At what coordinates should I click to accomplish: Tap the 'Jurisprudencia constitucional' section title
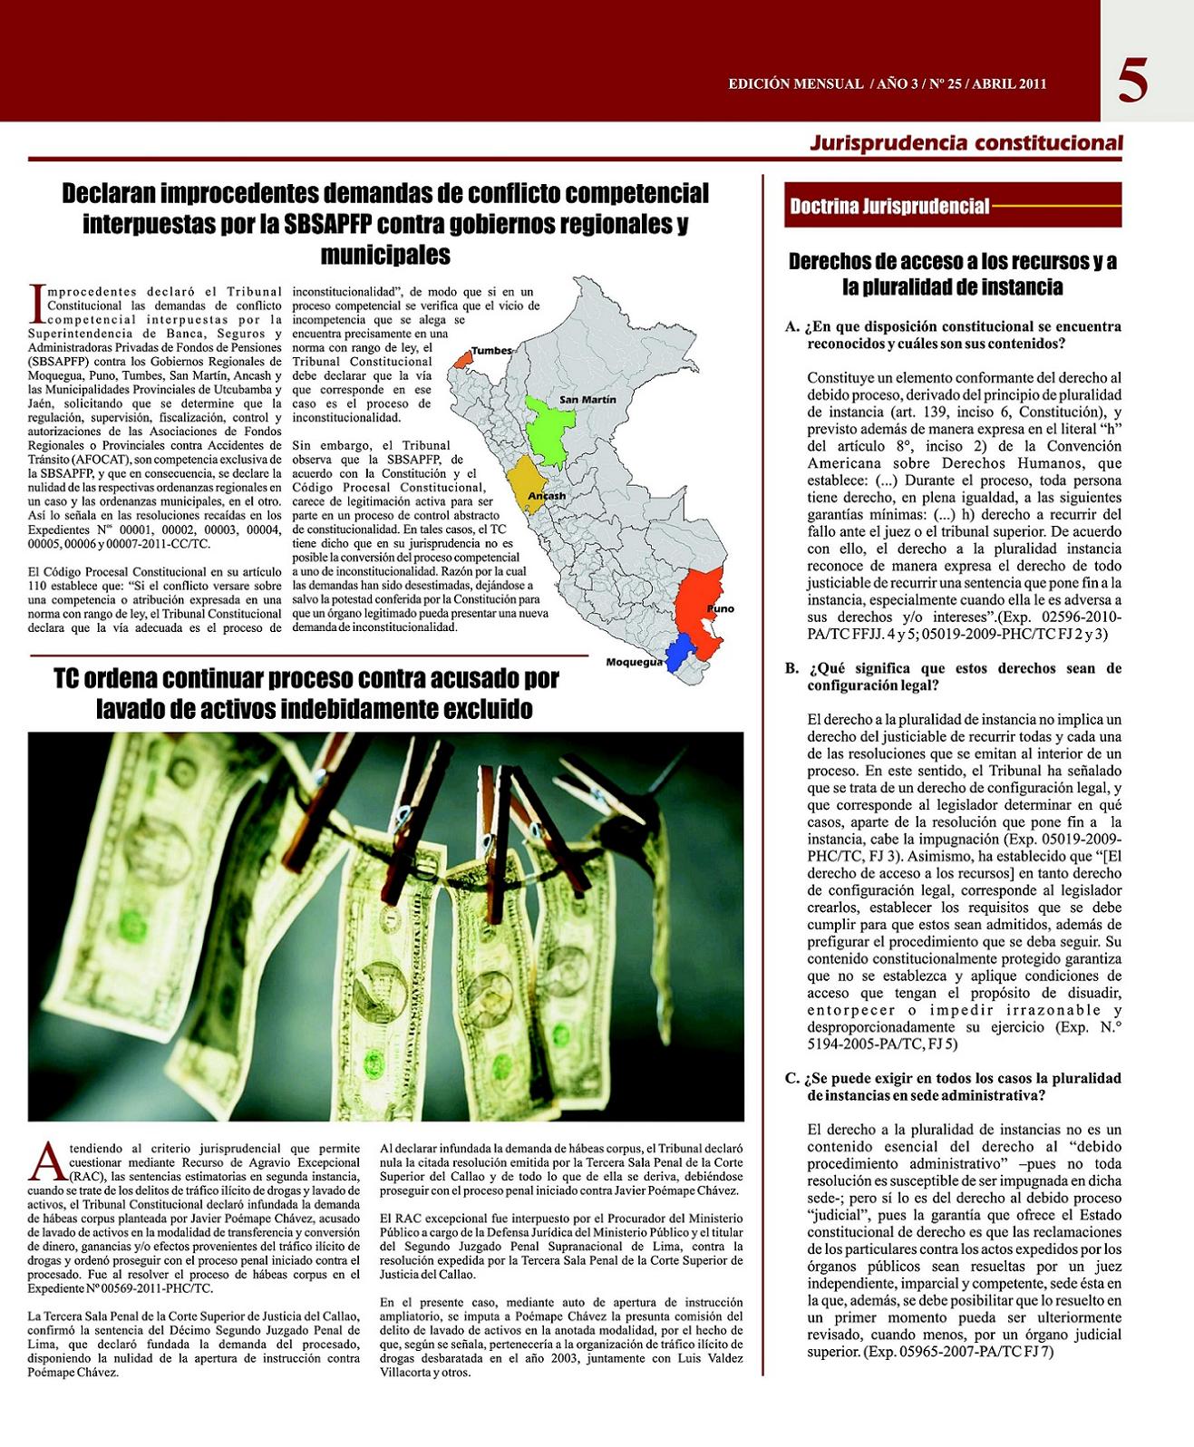[966, 142]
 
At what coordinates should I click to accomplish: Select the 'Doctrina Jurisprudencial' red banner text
[889, 206]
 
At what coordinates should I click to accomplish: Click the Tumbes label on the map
[491, 350]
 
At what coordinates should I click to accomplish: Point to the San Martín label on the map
[587, 399]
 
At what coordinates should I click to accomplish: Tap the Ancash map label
[547, 496]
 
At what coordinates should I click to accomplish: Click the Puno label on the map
[721, 608]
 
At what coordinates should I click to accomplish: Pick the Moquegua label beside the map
[635, 662]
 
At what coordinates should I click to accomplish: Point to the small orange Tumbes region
[463, 359]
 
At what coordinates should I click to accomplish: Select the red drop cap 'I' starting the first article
[37, 303]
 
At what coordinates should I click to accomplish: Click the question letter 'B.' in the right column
[792, 668]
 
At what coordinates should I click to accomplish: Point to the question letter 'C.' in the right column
[792, 1078]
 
